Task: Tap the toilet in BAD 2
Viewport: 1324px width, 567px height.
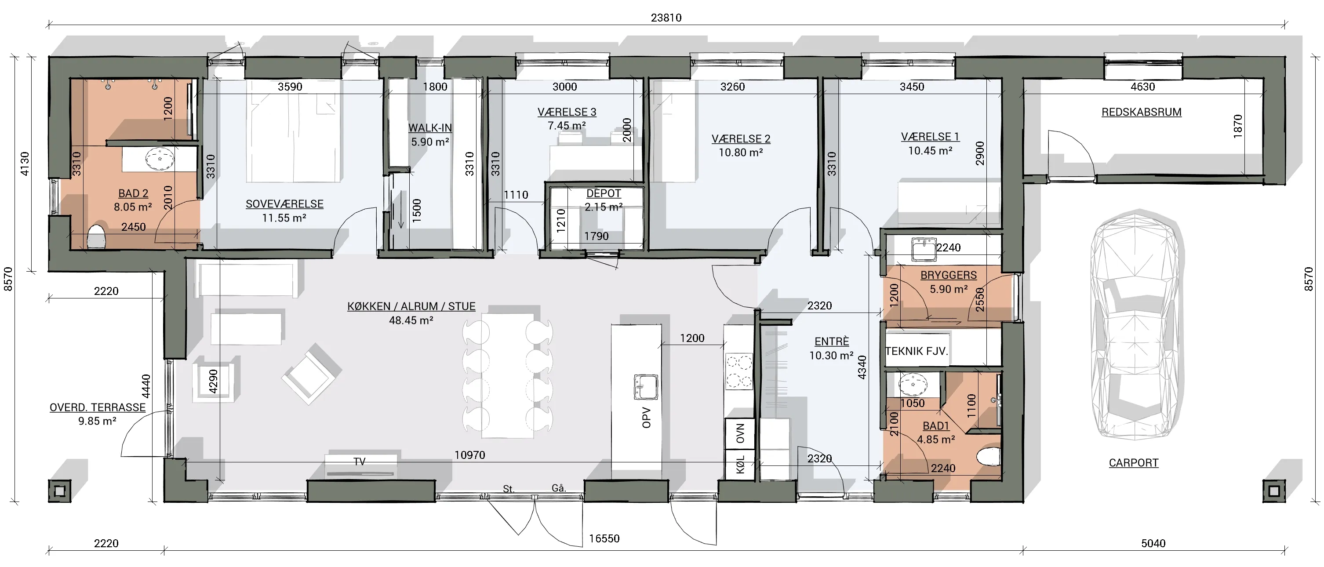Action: pos(96,237)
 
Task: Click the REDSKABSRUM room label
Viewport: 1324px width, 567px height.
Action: pos(1141,112)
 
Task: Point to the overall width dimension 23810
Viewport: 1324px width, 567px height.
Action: pos(666,18)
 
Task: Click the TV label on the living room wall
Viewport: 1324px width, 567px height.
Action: pos(359,462)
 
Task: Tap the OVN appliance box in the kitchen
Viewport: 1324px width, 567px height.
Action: pos(740,433)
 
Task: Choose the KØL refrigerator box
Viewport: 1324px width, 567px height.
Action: pos(740,464)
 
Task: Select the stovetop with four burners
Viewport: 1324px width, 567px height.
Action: pos(738,371)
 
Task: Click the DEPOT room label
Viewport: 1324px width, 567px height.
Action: pos(604,194)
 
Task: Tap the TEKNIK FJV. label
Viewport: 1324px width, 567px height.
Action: pos(917,352)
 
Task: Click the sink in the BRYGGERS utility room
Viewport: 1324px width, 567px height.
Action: pos(924,249)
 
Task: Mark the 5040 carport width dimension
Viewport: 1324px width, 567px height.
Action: pos(1153,543)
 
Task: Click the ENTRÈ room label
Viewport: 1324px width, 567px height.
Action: pos(832,342)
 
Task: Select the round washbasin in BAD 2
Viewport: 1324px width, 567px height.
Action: pos(160,159)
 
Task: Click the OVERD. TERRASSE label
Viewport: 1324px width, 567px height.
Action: pos(97,407)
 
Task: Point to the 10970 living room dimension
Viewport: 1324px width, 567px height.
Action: pos(470,455)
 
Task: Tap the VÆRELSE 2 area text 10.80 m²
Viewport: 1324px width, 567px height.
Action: pos(741,153)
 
